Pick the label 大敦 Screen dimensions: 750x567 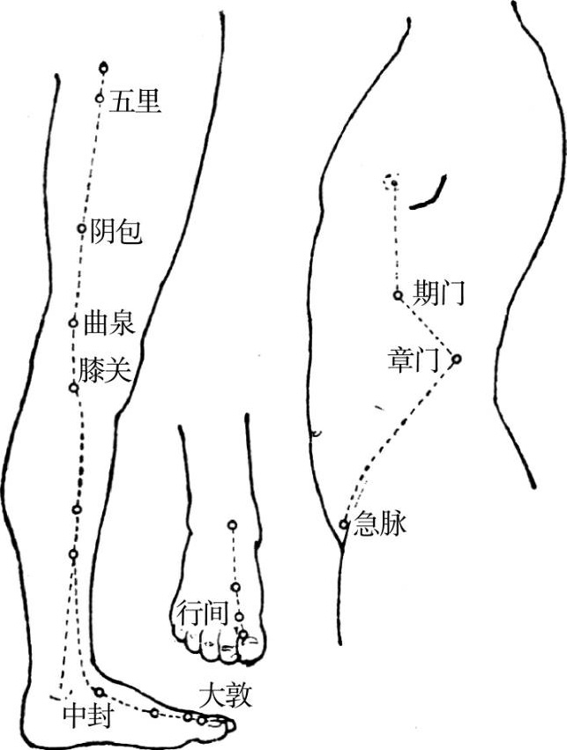[x=226, y=696]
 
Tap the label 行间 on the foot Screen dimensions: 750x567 [x=204, y=612]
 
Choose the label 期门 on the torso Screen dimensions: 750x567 [x=438, y=293]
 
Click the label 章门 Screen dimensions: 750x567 [x=414, y=359]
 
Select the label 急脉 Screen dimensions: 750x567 [x=379, y=526]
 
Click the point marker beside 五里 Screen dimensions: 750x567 [x=100, y=98]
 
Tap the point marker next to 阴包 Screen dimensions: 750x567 [x=81, y=228]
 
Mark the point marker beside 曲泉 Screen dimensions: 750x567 [x=74, y=322]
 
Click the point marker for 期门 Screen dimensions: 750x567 [x=398, y=295]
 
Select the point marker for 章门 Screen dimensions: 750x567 [x=457, y=359]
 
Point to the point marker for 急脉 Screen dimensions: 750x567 [x=345, y=524]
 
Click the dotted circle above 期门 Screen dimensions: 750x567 [x=392, y=181]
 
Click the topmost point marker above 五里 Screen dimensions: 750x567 [x=105, y=67]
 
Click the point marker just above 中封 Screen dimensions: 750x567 [x=99, y=692]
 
